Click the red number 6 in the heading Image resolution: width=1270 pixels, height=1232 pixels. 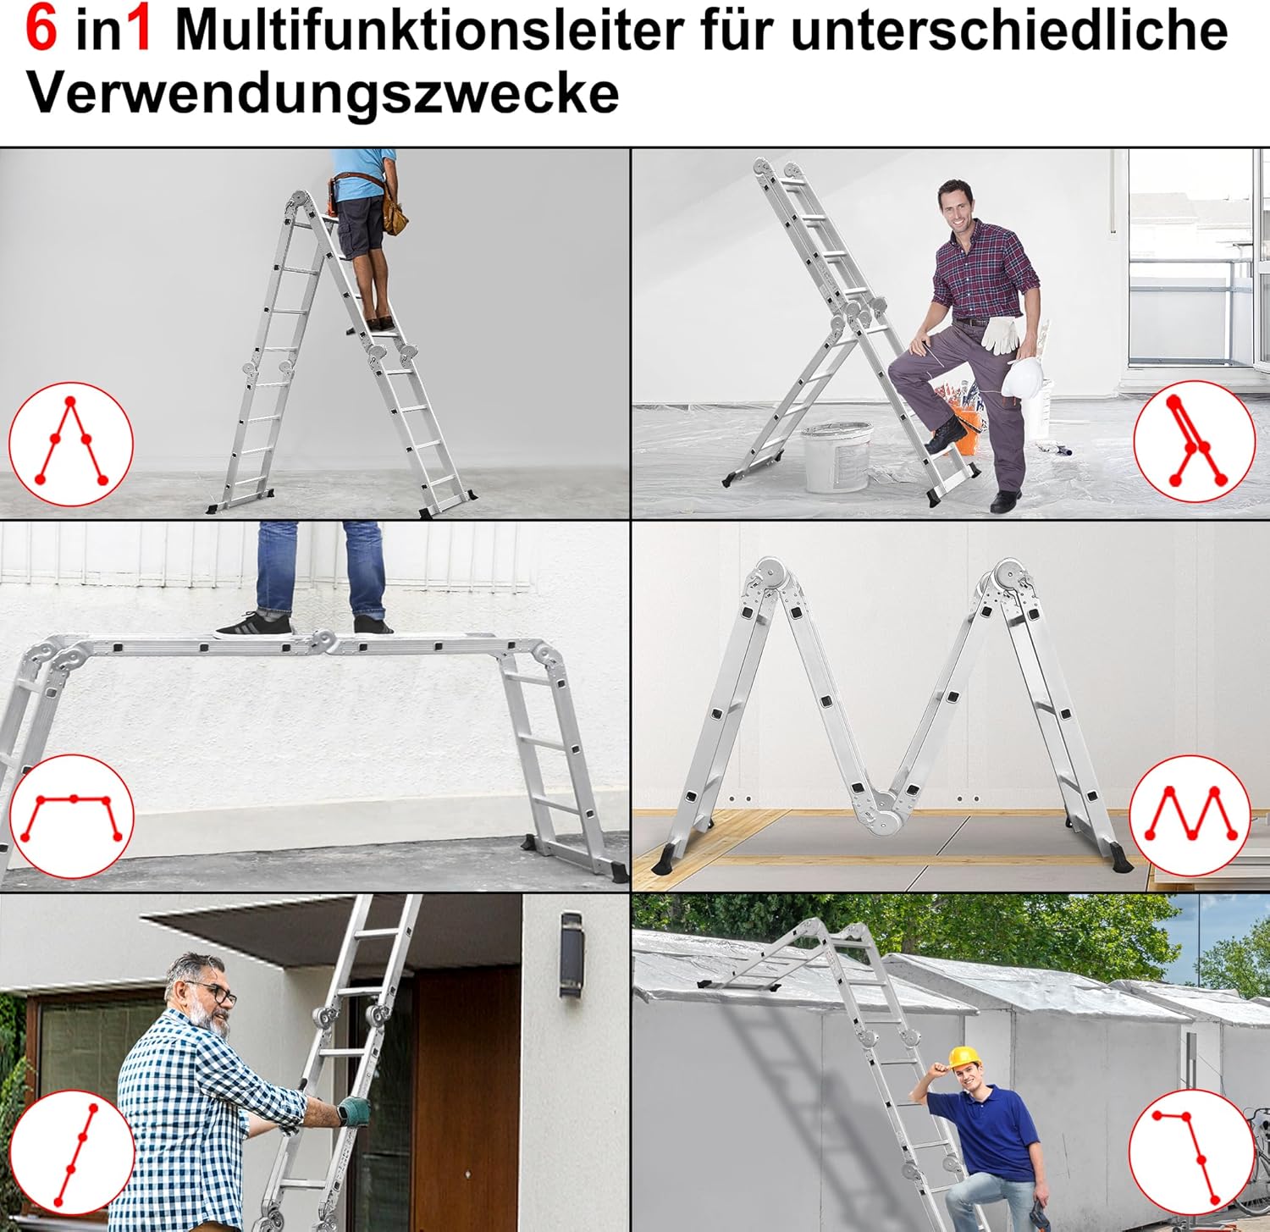pyautogui.click(x=41, y=29)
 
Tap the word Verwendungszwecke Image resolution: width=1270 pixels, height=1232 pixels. pyautogui.click(x=323, y=92)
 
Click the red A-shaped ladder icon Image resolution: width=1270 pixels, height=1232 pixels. pyautogui.click(x=71, y=442)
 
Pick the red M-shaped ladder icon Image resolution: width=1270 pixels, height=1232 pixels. pyautogui.click(x=1190, y=814)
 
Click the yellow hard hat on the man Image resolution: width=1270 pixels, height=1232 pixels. pyautogui.click(x=964, y=1057)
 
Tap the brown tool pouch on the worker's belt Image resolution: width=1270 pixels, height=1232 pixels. pyautogui.click(x=395, y=209)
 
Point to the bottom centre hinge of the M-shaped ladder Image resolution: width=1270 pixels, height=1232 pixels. pyautogui.click(x=886, y=816)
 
